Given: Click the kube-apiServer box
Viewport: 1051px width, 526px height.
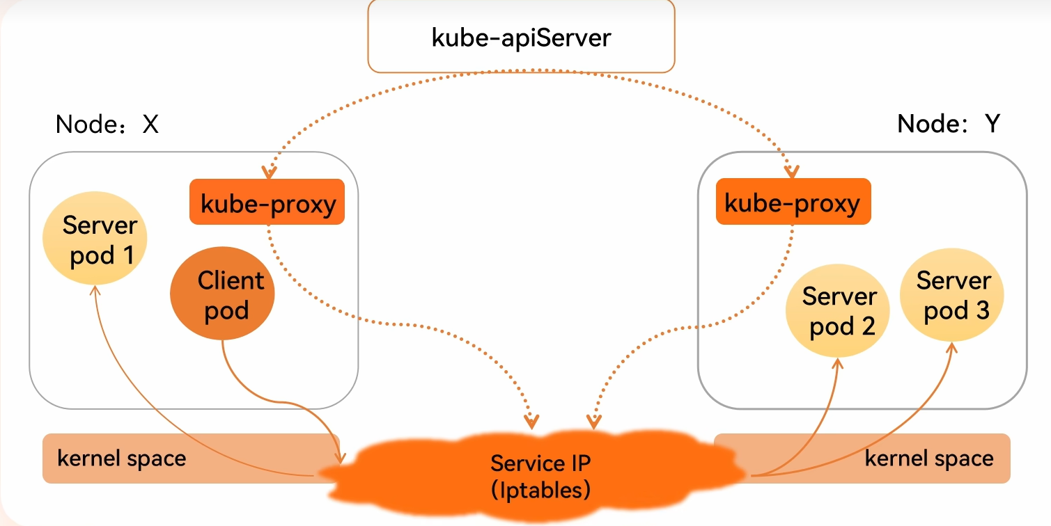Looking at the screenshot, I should point(521,36).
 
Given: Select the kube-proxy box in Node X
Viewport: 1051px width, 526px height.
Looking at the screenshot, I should point(267,202).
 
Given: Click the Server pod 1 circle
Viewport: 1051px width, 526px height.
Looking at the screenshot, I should point(95,240).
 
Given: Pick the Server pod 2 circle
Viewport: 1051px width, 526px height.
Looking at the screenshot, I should point(838,311).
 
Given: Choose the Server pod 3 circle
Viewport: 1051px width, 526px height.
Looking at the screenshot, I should point(952,295).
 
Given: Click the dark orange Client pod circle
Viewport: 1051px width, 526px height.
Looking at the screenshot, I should point(222,295).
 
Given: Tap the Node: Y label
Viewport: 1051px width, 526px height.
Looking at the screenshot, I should point(948,123).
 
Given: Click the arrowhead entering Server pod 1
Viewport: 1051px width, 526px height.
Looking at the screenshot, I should point(91,290).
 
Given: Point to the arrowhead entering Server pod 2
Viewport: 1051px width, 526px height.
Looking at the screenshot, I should point(836,363).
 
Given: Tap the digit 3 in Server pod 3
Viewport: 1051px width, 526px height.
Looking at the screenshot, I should point(981,310).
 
